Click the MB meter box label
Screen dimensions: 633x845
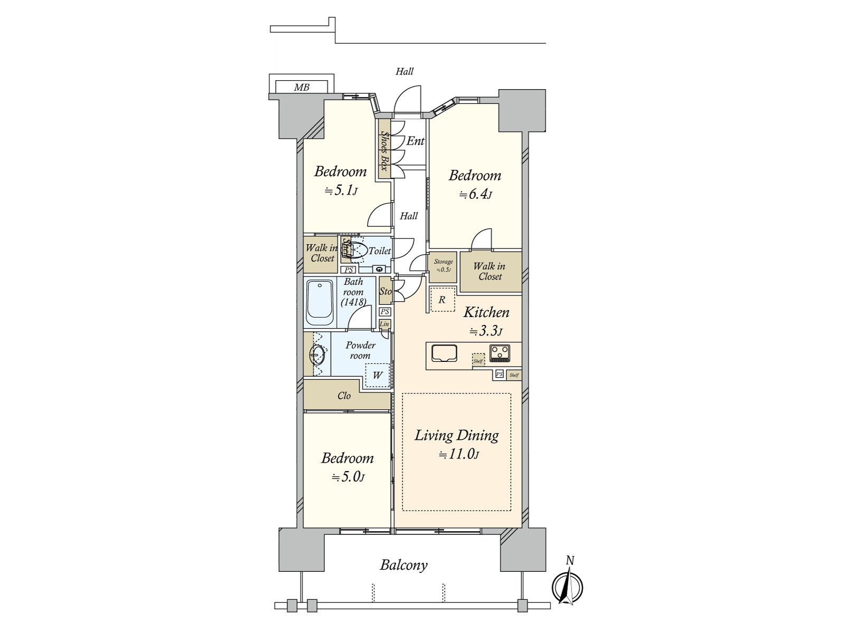click(x=302, y=88)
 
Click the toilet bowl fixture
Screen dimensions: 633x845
click(x=354, y=250)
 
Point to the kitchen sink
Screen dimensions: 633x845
click(x=444, y=353)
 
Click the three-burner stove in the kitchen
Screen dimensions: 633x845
click(x=500, y=353)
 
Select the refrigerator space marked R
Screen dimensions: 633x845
click(x=443, y=300)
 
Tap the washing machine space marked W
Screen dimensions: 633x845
click(x=378, y=376)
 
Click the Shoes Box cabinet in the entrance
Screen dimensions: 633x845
click(x=384, y=151)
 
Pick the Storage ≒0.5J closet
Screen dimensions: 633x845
click(x=443, y=265)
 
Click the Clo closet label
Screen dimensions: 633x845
click(x=344, y=396)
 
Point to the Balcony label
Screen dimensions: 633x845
click(x=403, y=565)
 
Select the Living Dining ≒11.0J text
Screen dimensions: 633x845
click(x=457, y=444)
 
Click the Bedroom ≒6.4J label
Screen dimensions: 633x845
click(x=475, y=184)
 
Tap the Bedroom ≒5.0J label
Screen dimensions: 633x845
click(x=348, y=467)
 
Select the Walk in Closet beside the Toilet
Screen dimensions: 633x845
click(x=321, y=253)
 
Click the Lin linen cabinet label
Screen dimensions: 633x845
click(x=385, y=324)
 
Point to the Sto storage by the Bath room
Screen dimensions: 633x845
click(x=385, y=291)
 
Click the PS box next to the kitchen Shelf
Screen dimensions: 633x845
click(x=499, y=375)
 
